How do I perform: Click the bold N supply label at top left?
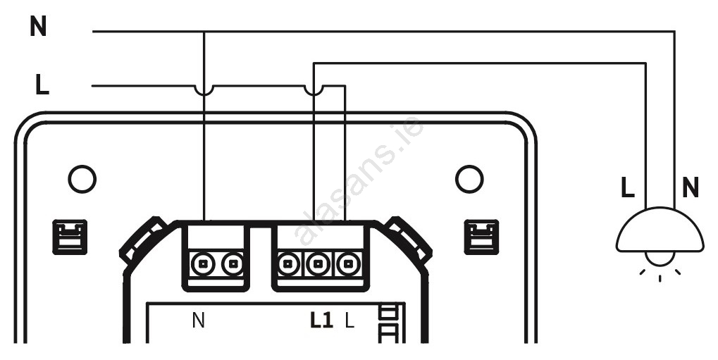[38, 27]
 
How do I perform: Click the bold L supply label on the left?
[42, 85]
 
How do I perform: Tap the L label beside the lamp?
[628, 188]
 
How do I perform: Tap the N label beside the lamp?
[691, 188]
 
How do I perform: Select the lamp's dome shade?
[660, 230]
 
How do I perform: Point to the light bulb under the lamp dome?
[660, 259]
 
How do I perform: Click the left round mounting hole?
[82, 179]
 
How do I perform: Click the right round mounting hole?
[469, 179]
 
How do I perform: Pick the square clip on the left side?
[70, 237]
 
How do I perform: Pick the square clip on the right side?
[481, 237]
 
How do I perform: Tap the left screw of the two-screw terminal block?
[202, 263]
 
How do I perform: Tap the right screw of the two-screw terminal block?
[233, 263]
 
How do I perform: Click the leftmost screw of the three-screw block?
[289, 263]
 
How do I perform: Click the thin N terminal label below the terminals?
[198, 321]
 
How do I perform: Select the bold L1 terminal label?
[321, 321]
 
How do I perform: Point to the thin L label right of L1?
[349, 321]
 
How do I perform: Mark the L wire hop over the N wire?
[204, 90]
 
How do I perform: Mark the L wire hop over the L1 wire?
[314, 90]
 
